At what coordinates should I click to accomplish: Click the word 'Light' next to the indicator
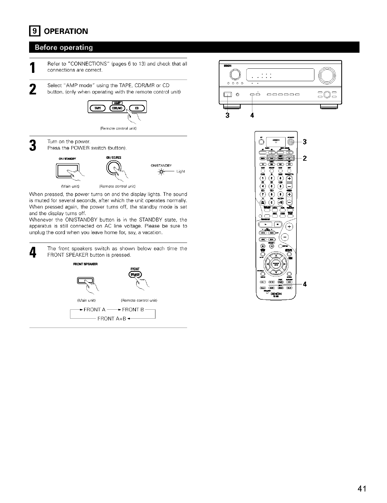pos(181,172)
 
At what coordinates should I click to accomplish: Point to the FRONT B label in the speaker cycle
pos(134,309)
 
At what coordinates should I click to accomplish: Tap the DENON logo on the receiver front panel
pos(227,66)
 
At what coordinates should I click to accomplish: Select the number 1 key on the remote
pos(263,178)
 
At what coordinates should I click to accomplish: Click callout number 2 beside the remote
pos(304,158)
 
